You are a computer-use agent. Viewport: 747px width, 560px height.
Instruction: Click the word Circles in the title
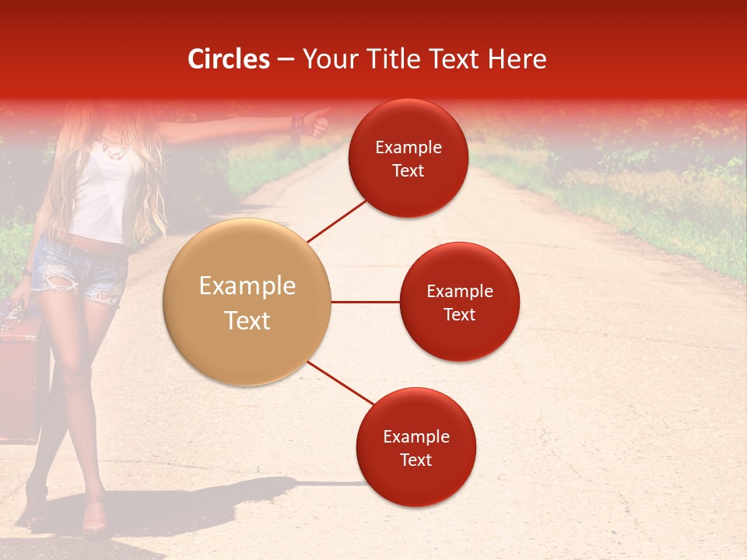tap(229, 59)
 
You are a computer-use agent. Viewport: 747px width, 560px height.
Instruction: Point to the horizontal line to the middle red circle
tap(365, 302)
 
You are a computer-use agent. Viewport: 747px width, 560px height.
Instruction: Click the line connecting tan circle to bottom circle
tap(339, 383)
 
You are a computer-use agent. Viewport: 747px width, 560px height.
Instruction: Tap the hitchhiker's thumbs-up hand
tap(317, 124)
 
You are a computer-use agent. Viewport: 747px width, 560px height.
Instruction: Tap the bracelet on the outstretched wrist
tap(296, 124)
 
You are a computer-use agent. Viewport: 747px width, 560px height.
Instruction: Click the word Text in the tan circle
tap(247, 320)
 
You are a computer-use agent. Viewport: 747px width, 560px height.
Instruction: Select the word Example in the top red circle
tap(409, 148)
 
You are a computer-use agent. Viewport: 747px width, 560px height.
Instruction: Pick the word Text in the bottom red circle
tap(416, 460)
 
